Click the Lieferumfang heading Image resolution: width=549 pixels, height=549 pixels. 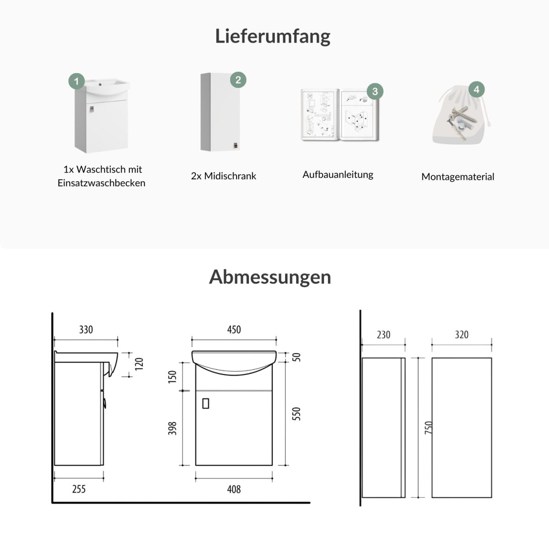273,37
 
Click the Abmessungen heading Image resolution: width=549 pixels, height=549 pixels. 270,277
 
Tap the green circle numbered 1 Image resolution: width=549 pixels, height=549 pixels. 76,81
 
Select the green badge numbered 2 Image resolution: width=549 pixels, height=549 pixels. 238,80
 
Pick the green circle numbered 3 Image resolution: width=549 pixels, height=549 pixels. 375,91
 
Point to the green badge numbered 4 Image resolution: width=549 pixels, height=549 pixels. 477,90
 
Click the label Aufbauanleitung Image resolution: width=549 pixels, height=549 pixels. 338,175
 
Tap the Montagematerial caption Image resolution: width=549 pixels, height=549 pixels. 458,177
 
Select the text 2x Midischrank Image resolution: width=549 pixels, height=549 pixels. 224,176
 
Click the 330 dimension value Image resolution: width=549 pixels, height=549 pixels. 86,329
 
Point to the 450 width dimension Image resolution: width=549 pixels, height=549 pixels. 234,329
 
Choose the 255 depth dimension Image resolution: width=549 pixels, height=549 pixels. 79,489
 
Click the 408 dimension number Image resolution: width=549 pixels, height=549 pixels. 234,490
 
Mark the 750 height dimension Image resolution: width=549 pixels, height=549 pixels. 429,428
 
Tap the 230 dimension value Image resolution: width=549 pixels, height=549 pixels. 383,335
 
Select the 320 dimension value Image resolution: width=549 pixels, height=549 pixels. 462,335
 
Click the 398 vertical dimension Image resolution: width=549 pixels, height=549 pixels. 172,429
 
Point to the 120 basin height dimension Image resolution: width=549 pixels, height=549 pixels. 139,364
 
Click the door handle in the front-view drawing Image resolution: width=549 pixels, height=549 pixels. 205,404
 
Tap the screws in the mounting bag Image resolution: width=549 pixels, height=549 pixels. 462,120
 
